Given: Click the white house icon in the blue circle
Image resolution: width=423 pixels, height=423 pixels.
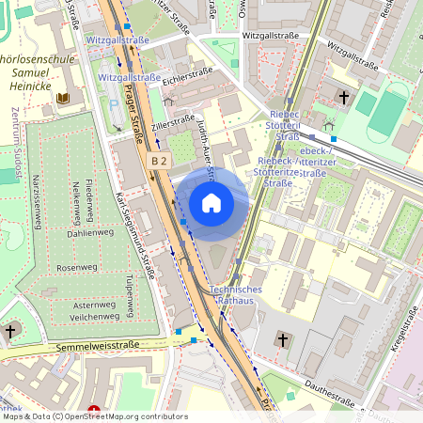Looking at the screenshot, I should point(211,203).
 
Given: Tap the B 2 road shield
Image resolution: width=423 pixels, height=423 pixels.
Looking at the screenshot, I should point(160,162).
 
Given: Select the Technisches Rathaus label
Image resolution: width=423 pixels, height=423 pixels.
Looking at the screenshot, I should point(235,296).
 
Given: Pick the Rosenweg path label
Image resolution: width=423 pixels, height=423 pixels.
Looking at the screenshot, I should point(76,268).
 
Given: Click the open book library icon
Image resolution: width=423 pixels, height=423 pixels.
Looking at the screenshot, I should point(63,98).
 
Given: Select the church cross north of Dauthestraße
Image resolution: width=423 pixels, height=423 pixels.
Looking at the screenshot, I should point(282,337).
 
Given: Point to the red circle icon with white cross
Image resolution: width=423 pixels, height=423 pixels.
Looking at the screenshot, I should point(93,411).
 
